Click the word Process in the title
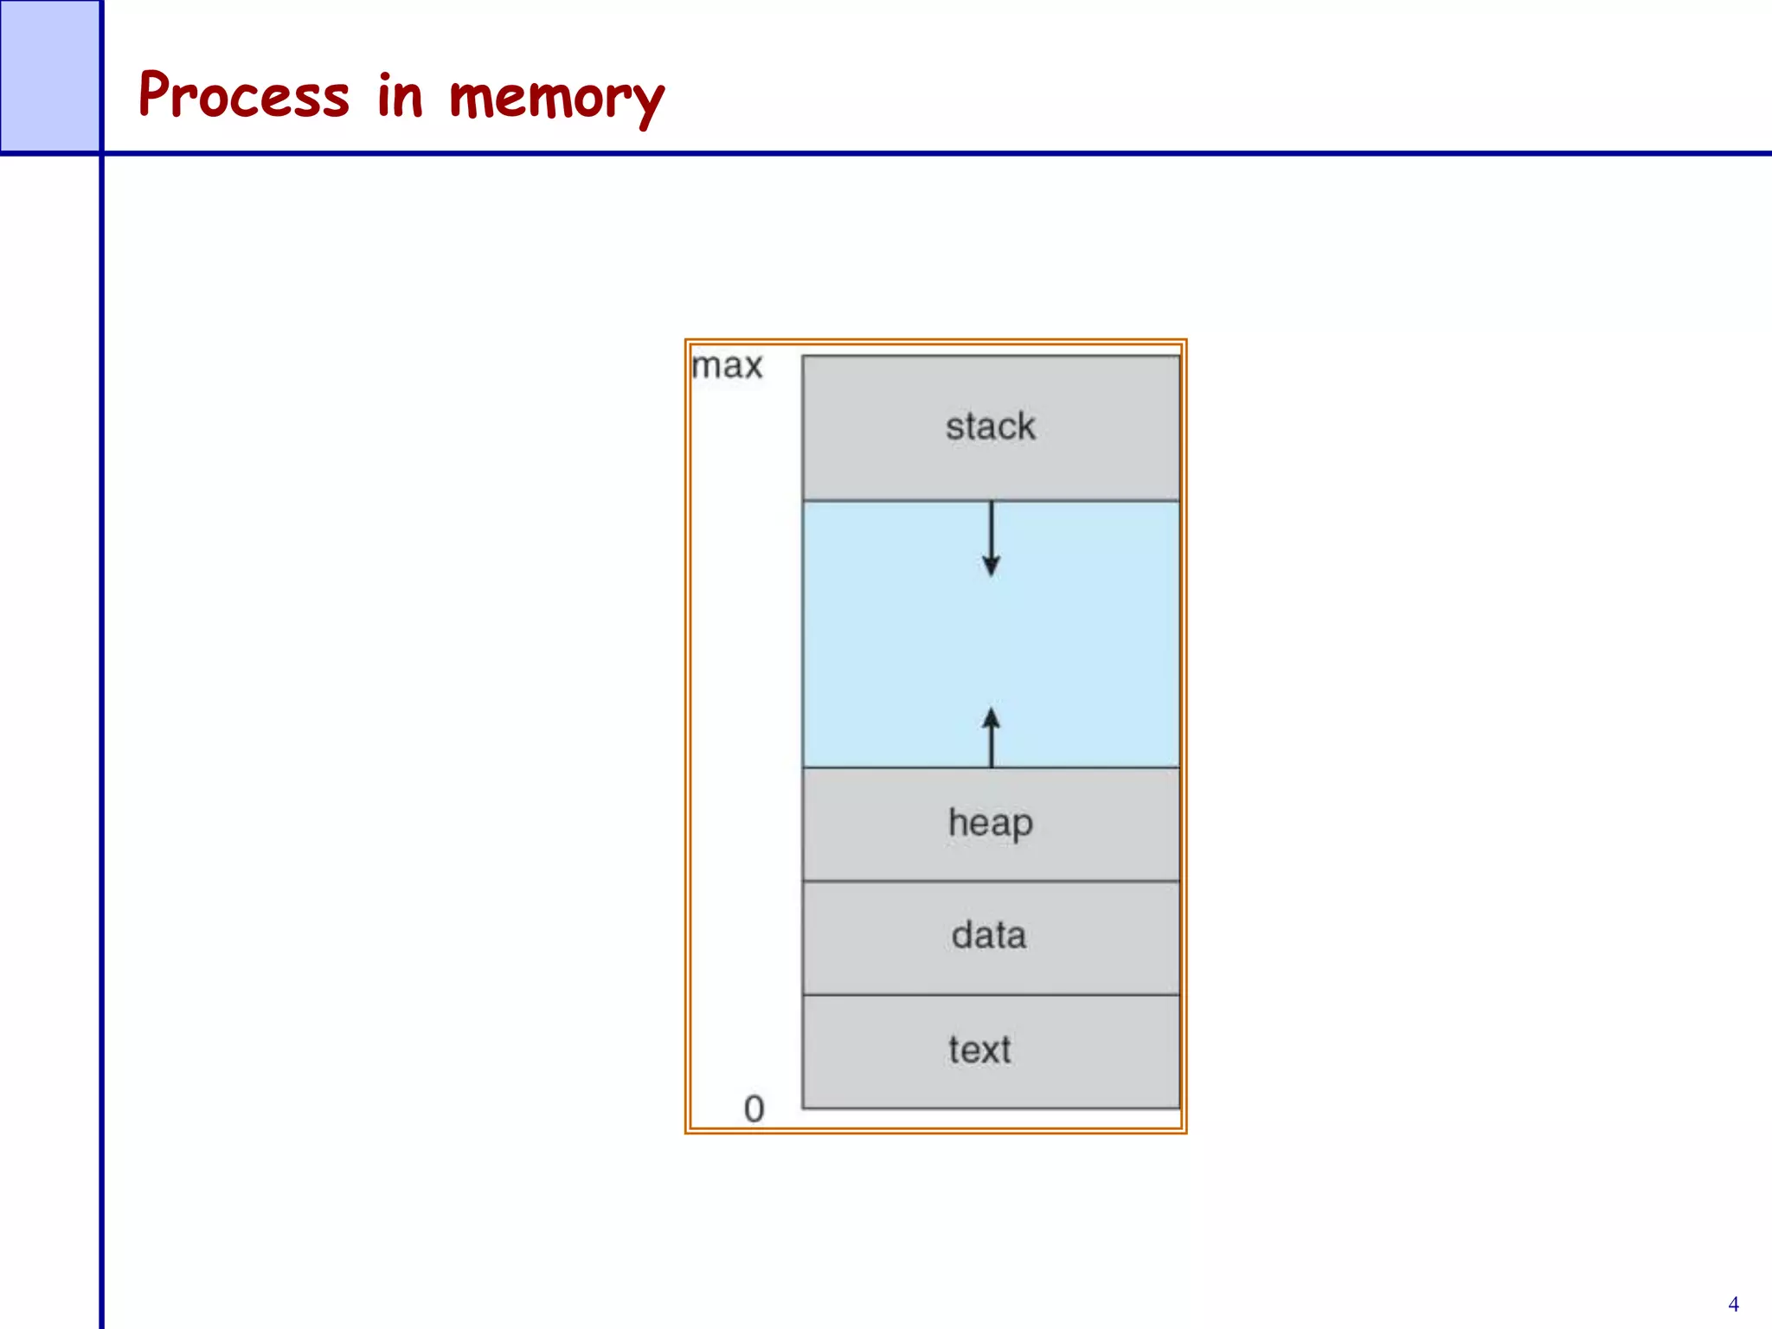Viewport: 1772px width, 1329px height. click(244, 95)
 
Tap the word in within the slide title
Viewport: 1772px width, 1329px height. click(400, 95)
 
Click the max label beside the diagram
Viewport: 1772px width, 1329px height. click(727, 366)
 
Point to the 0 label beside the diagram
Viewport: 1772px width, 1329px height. click(754, 1109)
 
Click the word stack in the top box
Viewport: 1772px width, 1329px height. click(990, 427)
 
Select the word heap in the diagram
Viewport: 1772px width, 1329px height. click(990, 823)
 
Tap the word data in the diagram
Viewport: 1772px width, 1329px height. click(989, 935)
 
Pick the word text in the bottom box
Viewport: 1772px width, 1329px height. click(979, 1050)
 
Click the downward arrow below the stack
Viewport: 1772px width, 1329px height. click(992, 537)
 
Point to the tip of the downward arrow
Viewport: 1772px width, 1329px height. click(992, 574)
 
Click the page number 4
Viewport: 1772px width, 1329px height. click(1733, 1304)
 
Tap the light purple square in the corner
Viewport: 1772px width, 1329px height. click(49, 75)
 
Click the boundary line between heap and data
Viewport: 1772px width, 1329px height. click(991, 881)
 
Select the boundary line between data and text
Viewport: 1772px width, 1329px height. click(991, 995)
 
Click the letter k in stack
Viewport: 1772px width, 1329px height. click(1024, 426)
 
